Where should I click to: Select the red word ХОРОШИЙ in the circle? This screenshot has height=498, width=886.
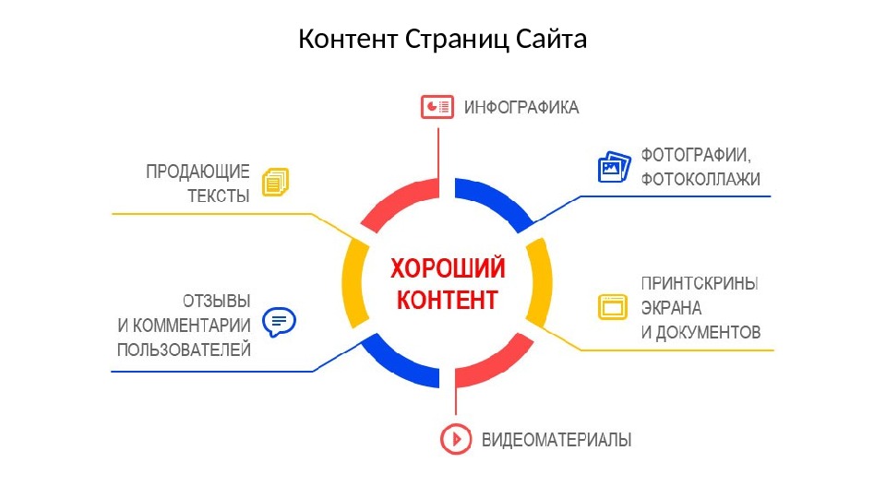tap(448, 269)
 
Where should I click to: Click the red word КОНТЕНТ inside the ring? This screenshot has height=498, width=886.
tap(447, 300)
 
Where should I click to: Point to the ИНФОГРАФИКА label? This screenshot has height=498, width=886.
tap(521, 108)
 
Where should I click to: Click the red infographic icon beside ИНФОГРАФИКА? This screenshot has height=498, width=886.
tap(437, 108)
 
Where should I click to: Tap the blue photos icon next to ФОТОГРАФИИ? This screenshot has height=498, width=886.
tap(614, 167)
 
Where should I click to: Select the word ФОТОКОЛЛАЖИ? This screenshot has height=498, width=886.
tap(700, 180)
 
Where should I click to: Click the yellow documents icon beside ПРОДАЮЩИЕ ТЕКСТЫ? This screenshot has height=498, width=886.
tap(276, 182)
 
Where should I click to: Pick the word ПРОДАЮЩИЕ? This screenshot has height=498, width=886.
tap(198, 171)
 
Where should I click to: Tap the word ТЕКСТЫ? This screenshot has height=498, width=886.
tap(219, 196)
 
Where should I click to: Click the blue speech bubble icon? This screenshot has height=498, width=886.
tap(280, 321)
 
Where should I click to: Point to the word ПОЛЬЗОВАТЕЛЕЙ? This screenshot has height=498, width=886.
tap(184, 349)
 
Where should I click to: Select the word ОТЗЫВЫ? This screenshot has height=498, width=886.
tap(216, 301)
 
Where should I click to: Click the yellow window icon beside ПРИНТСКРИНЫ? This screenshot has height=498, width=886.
tap(612, 306)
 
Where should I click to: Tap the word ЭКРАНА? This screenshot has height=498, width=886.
tap(671, 308)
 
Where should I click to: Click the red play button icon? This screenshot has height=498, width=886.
tap(454, 439)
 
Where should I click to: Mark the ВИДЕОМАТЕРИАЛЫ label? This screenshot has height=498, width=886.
tap(557, 440)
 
